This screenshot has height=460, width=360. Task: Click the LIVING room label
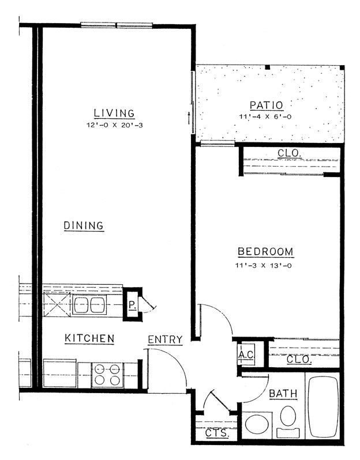coord(114,113)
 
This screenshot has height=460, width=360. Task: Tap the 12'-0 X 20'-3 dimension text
coord(114,124)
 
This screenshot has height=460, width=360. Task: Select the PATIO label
coord(266,105)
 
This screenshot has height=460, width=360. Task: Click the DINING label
coord(84,225)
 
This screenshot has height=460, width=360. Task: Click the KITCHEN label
coord(89,338)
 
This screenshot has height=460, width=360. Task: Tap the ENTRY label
coord(165,340)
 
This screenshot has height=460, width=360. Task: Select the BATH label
coord(283,394)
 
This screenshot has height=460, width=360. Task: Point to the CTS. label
coord(217,433)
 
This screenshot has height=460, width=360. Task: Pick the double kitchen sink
coord(88,305)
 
